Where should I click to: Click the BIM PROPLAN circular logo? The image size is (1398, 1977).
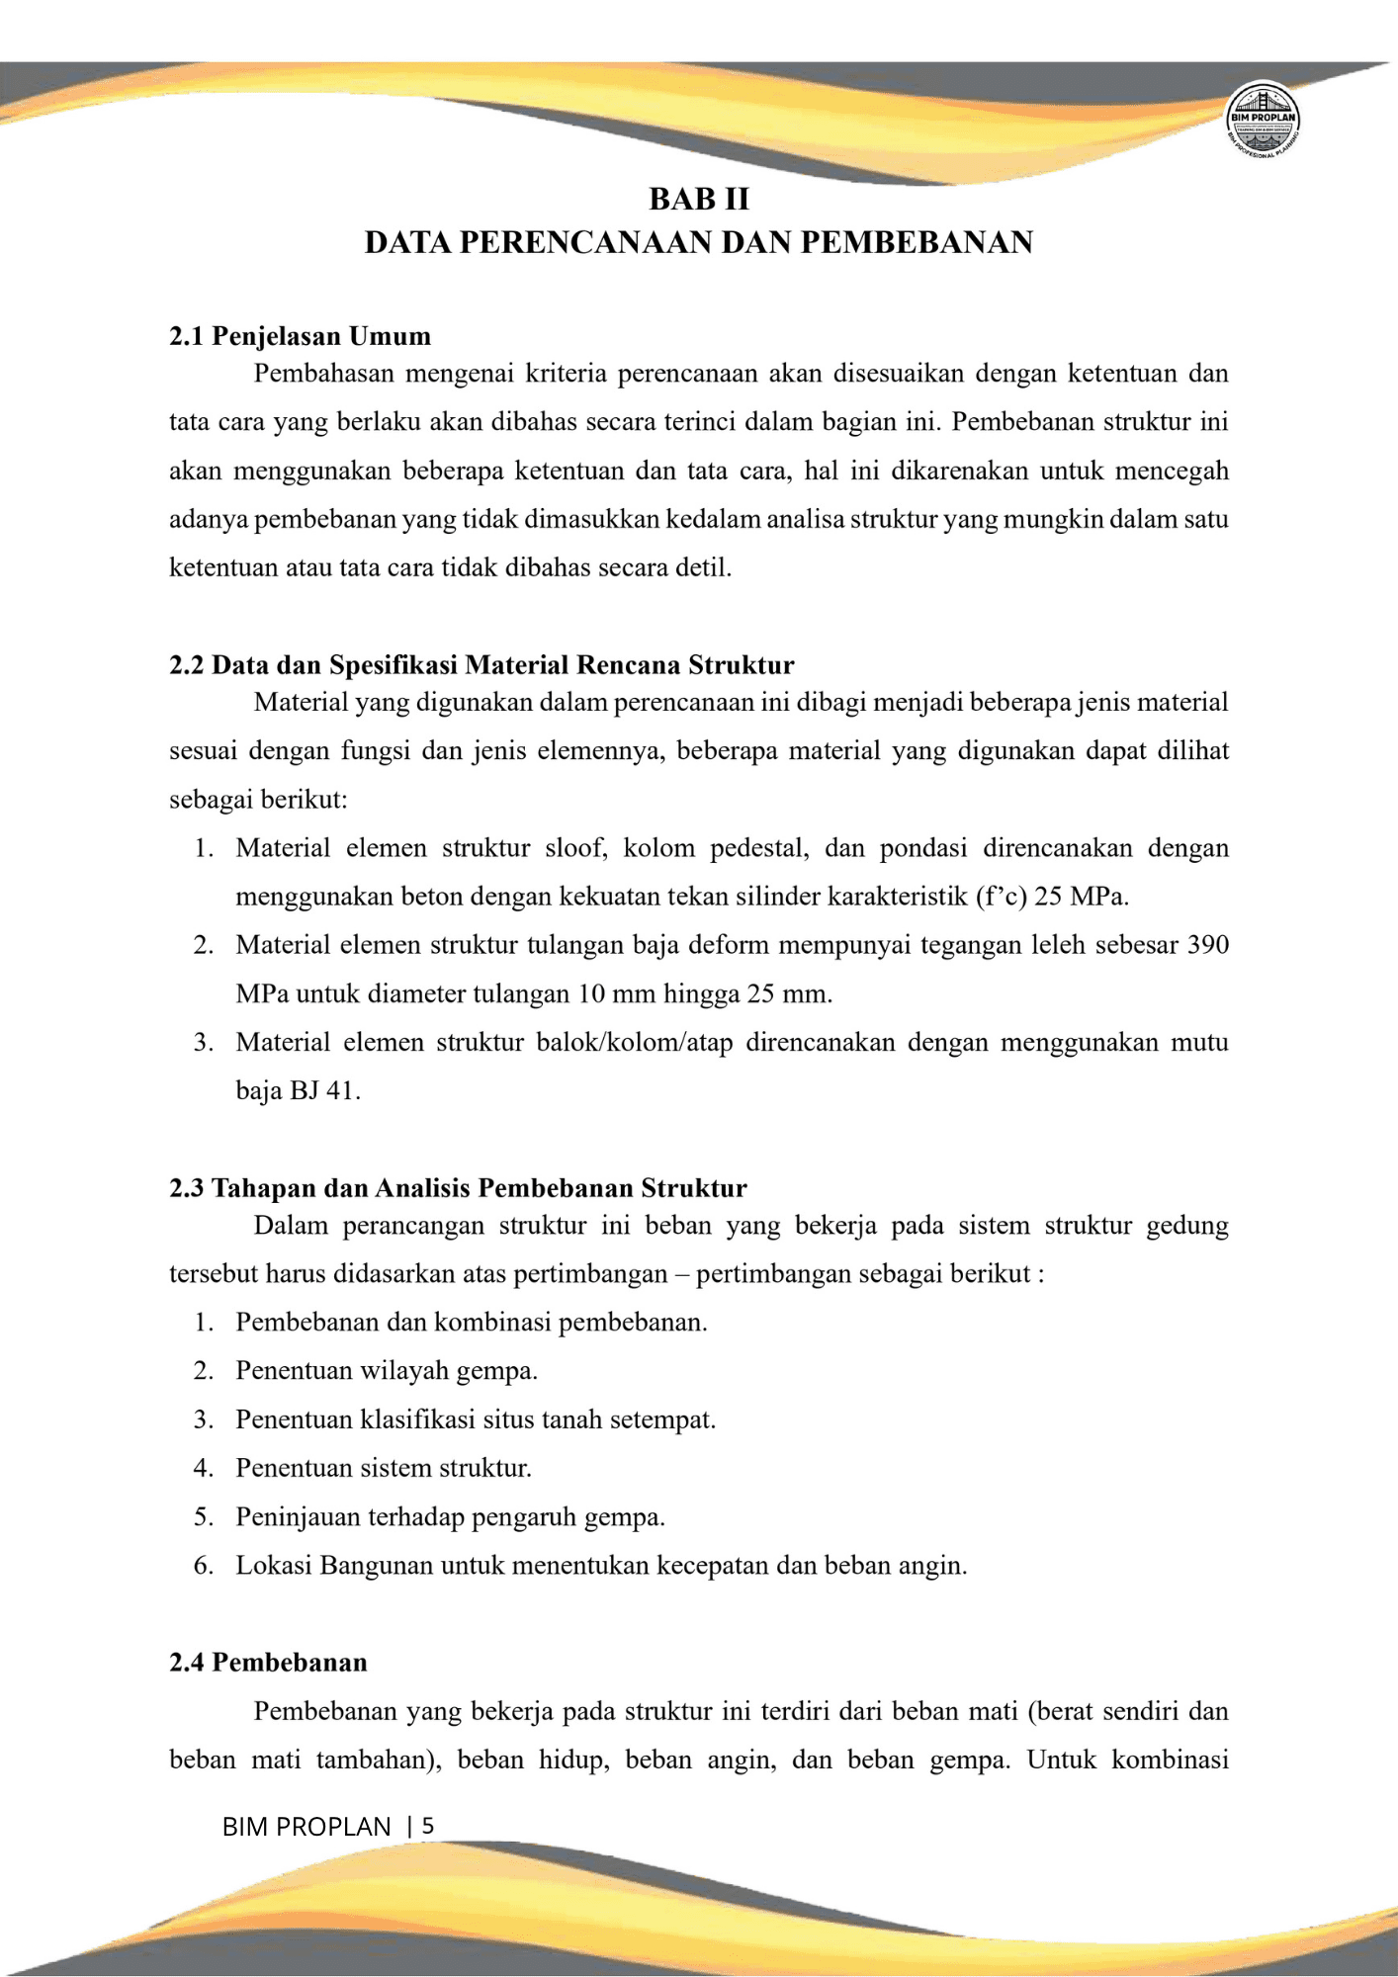[x=1263, y=120]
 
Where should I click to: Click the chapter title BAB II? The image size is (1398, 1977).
[x=698, y=199]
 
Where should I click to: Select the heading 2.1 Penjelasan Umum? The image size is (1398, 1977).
[x=300, y=336]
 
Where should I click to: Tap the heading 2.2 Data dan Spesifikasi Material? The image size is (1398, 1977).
[x=481, y=664]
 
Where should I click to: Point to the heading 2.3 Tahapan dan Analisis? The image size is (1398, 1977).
[x=458, y=1187]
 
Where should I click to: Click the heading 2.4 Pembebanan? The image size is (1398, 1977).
[x=268, y=1662]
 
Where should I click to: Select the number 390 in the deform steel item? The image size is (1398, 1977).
[x=1207, y=945]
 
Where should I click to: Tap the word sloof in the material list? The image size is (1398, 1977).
[x=575, y=848]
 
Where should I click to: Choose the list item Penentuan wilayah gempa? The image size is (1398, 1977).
[x=387, y=1370]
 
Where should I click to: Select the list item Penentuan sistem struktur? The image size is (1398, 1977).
[x=384, y=1467]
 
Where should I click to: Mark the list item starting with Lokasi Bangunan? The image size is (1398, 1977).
[x=601, y=1565]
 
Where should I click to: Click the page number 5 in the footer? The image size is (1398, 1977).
[x=427, y=1826]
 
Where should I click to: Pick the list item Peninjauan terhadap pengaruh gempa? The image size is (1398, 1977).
[x=450, y=1516]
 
